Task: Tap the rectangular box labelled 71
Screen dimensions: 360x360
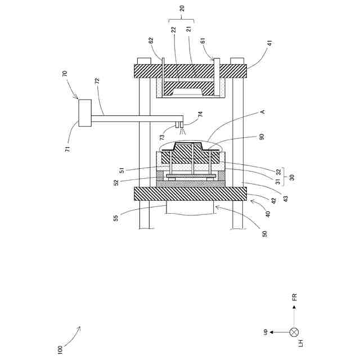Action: [84, 112]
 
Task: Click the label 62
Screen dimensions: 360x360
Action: [150, 40]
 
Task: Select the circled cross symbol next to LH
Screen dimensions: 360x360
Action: [293, 332]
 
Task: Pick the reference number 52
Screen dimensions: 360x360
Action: [116, 183]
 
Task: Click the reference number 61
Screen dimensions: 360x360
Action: [202, 40]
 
